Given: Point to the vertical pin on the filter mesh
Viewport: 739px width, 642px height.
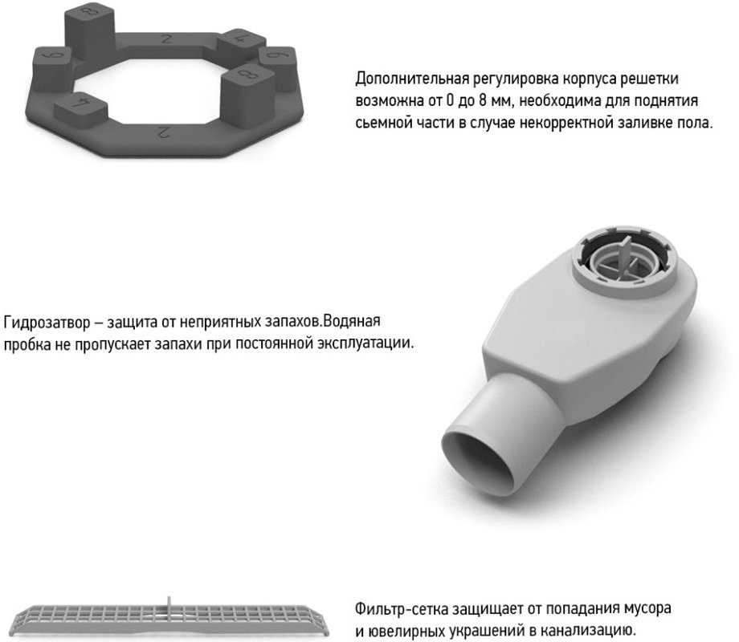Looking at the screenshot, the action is click(169, 606).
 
